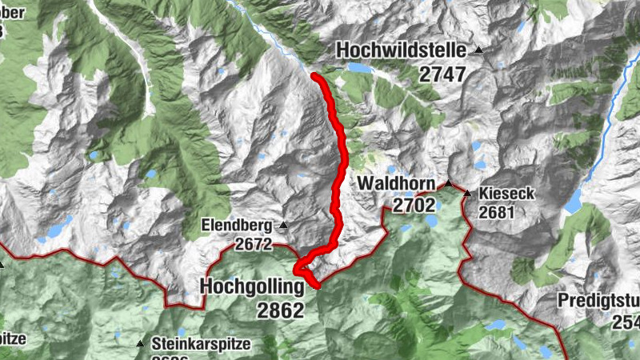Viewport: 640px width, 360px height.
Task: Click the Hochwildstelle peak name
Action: pos(401,50)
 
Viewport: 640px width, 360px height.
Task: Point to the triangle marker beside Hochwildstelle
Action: pos(478,50)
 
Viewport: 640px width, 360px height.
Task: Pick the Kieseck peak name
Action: pos(506,194)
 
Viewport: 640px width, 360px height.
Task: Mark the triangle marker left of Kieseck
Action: pos(466,193)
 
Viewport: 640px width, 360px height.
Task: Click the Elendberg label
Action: pos(236,225)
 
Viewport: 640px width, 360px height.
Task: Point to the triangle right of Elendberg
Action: pos(282,225)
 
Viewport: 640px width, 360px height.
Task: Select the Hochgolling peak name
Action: pos(253,286)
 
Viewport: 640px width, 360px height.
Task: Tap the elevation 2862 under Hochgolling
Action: pos(281,310)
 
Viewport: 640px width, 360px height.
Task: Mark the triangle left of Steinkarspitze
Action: pos(141,344)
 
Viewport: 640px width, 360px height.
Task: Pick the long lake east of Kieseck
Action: pos(574,201)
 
